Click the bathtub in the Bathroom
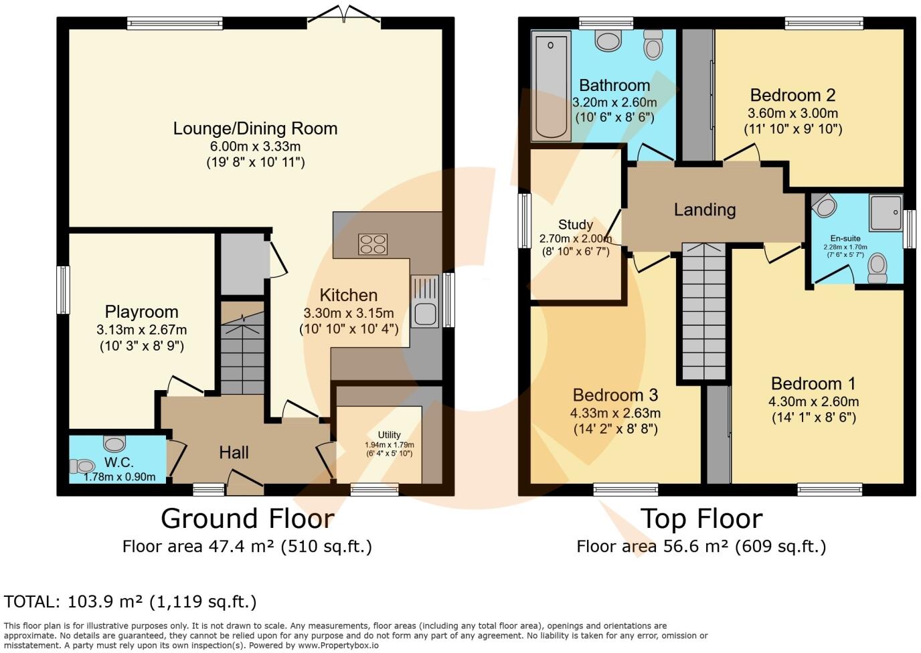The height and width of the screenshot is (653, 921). pyautogui.click(x=551, y=86)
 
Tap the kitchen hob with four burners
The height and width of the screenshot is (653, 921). pyautogui.click(x=373, y=244)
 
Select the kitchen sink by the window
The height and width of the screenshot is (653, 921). pyautogui.click(x=424, y=312)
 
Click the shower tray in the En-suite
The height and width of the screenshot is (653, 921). pyautogui.click(x=886, y=212)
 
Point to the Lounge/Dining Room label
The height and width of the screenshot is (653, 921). pyautogui.click(x=255, y=128)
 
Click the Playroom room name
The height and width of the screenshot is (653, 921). pyautogui.click(x=141, y=312)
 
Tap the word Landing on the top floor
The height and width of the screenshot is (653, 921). pyautogui.click(x=704, y=210)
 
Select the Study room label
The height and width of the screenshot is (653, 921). pyautogui.click(x=576, y=225)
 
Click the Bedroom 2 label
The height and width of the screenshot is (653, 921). pyautogui.click(x=792, y=95)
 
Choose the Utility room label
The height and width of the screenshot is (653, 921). pyautogui.click(x=389, y=435)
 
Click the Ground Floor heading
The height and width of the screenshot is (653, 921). pyautogui.click(x=247, y=519)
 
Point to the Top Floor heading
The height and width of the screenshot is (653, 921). pyautogui.click(x=701, y=519)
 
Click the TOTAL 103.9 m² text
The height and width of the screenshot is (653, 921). pyautogui.click(x=131, y=601)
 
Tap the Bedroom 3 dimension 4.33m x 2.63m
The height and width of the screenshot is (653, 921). pyautogui.click(x=616, y=413)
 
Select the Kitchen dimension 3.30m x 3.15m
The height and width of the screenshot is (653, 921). pyautogui.click(x=348, y=313)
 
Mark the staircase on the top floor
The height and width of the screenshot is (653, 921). pyautogui.click(x=704, y=312)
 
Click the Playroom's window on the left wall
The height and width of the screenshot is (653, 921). pyautogui.click(x=63, y=290)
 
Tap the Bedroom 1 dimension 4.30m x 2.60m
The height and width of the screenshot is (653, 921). pyautogui.click(x=813, y=401)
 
